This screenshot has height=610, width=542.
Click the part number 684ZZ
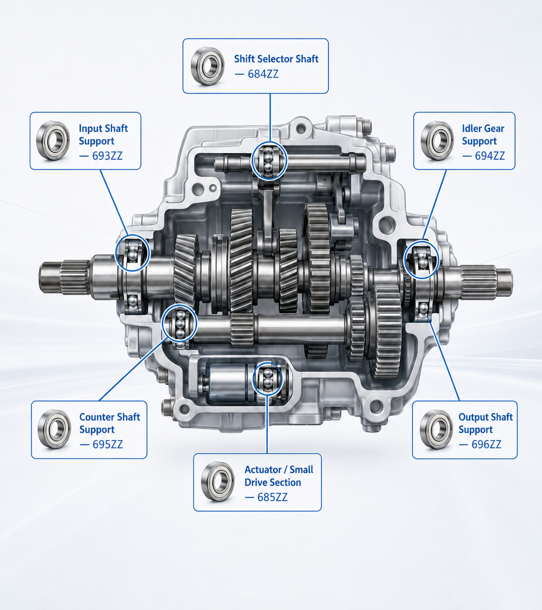point(263,74)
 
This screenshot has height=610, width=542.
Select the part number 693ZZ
point(107,156)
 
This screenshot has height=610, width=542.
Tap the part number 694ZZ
point(490,156)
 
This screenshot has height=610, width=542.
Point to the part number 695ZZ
point(108,444)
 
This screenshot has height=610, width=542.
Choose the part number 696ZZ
point(487,444)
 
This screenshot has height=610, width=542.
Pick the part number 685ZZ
point(272,497)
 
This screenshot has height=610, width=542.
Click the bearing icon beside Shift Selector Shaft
point(208,66)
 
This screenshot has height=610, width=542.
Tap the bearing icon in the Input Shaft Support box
point(53,141)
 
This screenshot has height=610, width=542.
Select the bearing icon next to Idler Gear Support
point(437,141)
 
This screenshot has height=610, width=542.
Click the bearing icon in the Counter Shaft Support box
point(55,429)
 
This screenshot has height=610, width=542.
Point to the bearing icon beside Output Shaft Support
point(437,429)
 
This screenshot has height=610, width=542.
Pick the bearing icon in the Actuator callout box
point(218,482)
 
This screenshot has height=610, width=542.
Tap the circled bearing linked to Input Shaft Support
point(133,253)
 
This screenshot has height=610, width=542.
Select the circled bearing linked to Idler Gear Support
point(421,260)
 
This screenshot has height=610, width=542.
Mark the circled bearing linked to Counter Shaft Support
point(179,323)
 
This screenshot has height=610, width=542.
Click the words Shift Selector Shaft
point(276,59)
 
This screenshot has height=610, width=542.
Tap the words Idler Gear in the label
point(483,128)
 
